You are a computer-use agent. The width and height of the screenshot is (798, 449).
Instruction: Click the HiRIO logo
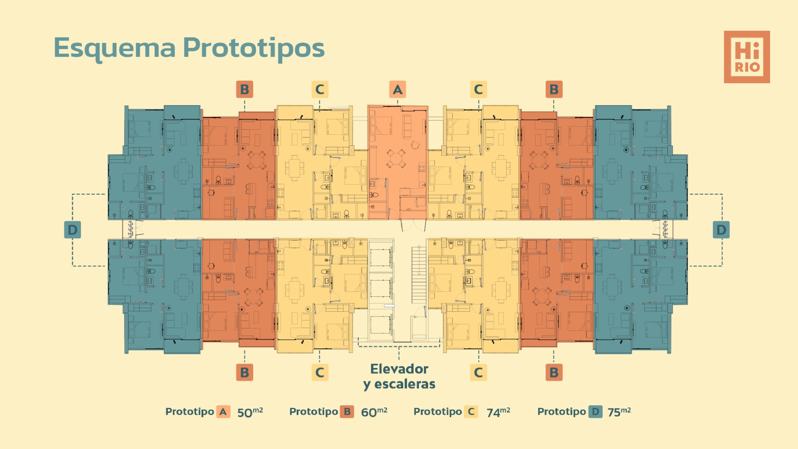[747, 57]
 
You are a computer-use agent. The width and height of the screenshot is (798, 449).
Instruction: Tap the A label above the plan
[397, 89]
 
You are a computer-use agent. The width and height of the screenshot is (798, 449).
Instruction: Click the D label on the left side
[72, 230]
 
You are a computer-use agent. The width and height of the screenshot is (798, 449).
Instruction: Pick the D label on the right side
[721, 230]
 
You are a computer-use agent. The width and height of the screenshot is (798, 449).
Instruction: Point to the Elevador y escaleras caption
[399, 376]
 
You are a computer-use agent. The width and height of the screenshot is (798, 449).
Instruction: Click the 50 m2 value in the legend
[250, 412]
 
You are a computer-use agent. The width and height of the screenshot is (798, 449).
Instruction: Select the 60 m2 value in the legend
[374, 412]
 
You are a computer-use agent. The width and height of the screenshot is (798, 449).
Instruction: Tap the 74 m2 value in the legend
[498, 412]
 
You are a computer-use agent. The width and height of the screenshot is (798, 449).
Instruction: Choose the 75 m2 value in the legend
[619, 412]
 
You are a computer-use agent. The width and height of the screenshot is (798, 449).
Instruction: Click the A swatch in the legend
[223, 412]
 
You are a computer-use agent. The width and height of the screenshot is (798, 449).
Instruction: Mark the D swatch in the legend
[595, 412]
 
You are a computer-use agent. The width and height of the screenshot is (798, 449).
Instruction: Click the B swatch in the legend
[347, 412]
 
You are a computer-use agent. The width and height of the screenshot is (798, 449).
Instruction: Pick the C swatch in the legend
[471, 412]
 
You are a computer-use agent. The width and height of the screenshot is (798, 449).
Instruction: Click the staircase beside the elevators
[419, 274]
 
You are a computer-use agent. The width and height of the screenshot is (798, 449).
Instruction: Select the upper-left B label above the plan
[244, 89]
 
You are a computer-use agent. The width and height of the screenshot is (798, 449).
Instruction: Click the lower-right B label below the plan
[554, 372]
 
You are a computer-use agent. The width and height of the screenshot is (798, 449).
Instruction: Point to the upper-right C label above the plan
[478, 89]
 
